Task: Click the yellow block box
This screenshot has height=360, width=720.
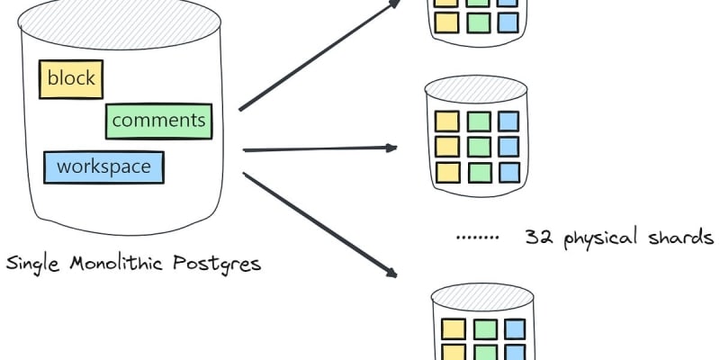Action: [71, 78]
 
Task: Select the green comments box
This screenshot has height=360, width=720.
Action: [158, 121]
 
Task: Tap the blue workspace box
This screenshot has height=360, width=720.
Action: [103, 166]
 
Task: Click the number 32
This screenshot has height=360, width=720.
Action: [538, 238]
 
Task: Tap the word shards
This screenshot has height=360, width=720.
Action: [681, 238]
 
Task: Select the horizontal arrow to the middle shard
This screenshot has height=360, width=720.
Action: [319, 148]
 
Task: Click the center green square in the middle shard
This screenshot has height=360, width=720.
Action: [478, 146]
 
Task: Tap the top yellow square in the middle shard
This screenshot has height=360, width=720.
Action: [446, 121]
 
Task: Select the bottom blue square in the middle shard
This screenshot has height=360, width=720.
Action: [508, 171]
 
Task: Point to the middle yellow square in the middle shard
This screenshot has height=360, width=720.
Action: [446, 146]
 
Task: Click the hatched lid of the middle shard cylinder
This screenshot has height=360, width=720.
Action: [476, 88]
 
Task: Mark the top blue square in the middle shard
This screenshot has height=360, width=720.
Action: [508, 121]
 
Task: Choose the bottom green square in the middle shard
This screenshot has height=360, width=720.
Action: [478, 171]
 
